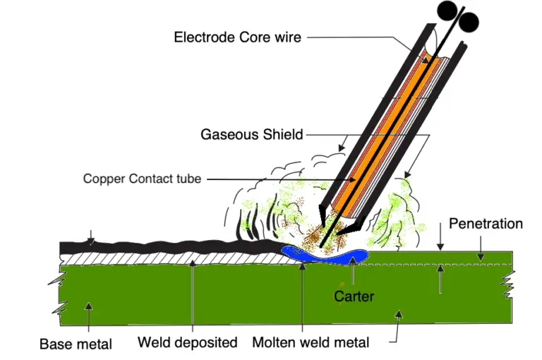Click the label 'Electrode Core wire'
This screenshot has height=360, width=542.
point(237,37)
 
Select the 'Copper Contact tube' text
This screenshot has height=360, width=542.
point(142,179)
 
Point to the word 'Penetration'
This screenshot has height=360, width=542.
point(486,224)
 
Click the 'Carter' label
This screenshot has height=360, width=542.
point(354,296)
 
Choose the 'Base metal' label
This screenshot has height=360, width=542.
point(76,344)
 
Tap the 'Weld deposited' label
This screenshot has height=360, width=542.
point(187,343)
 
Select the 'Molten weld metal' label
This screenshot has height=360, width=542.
point(311,343)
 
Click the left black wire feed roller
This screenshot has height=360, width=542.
point(447,10)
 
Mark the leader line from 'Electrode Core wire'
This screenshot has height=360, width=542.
point(367,37)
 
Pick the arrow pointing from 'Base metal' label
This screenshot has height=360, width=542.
point(88,311)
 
